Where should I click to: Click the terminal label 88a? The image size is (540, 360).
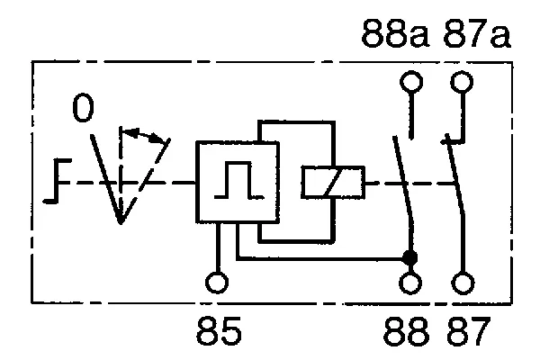click(395, 33)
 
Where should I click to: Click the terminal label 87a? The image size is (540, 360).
click(477, 33)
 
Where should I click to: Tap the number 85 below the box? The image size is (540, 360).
click(219, 330)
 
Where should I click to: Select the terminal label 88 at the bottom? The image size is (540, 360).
click(407, 331)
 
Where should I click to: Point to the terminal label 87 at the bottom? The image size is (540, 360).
click(468, 331)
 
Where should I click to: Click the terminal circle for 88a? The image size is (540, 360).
click(411, 82)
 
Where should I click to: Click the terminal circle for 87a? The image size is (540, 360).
click(462, 82)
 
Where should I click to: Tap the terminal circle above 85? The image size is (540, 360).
click(217, 283)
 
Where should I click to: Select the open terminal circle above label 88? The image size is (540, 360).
click(410, 283)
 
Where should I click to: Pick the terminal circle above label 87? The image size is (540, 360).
click(463, 283)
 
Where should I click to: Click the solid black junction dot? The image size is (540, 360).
click(410, 257)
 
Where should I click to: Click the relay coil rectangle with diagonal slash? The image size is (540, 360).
click(333, 182)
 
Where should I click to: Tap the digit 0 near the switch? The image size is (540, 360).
click(83, 108)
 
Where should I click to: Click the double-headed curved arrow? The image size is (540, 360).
click(145, 135)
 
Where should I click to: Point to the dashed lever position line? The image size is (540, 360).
click(145, 181)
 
